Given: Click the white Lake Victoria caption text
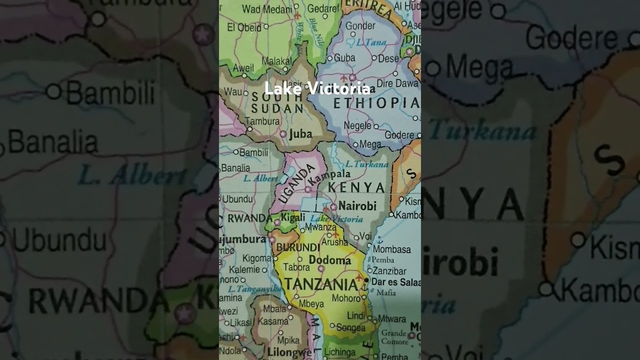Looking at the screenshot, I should [x=317, y=89].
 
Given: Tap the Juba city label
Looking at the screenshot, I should [x=300, y=134].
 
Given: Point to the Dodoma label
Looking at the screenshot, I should [x=330, y=260].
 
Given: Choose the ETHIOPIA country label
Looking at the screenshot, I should [x=375, y=103].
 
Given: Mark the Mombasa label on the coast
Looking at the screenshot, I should [x=392, y=249].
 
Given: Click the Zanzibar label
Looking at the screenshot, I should [x=389, y=271].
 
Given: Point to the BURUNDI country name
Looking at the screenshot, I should [x=298, y=247].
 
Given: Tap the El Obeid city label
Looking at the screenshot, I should [x=244, y=27].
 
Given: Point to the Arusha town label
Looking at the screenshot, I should [x=334, y=242].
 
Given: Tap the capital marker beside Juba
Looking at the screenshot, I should [x=283, y=134].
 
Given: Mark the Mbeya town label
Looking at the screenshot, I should [x=312, y=303].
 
